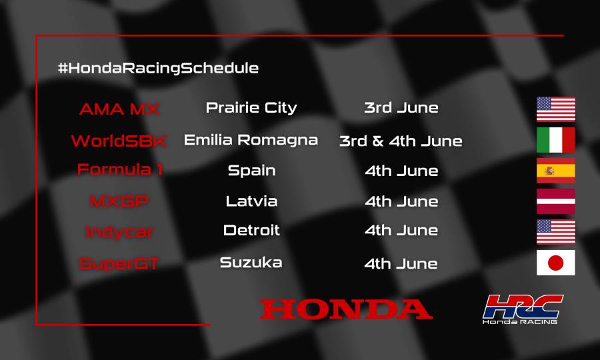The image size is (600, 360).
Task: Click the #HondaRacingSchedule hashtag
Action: tap(158, 68)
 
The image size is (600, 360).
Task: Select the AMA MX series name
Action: tap(119, 109)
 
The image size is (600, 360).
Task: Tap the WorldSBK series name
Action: tap(119, 141)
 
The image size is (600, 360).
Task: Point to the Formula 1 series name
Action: tap(120, 169)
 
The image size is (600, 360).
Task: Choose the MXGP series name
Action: tap(119, 201)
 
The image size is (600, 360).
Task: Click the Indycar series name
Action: tap(119, 232)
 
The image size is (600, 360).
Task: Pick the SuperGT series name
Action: tap(119, 263)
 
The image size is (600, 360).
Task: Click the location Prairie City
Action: tap(251, 107)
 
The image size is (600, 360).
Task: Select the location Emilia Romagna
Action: tap(251, 140)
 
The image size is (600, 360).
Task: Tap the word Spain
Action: tap(251, 170)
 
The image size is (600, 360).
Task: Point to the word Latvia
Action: tap(251, 201)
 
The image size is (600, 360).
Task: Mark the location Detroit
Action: tap(251, 231)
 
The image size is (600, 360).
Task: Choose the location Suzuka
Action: tap(251, 262)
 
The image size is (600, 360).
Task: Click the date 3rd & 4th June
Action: tap(401, 141)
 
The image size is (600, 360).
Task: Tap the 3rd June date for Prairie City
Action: tap(401, 108)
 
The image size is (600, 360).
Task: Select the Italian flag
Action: tap(555, 140)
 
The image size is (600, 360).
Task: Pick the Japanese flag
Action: tap(555, 263)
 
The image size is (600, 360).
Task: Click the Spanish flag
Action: tap(555, 171)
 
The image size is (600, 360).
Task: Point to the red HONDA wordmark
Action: tap(346, 309)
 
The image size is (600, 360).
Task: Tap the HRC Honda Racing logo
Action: tap(523, 309)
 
